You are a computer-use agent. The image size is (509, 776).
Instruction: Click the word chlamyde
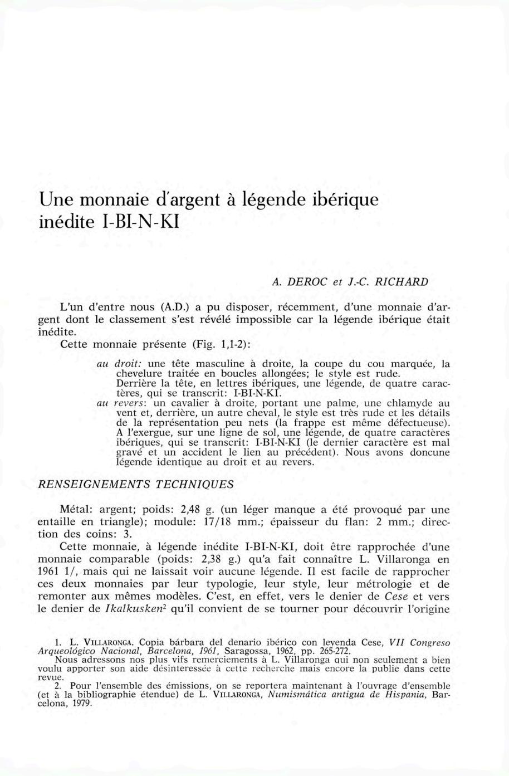click(414, 402)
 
